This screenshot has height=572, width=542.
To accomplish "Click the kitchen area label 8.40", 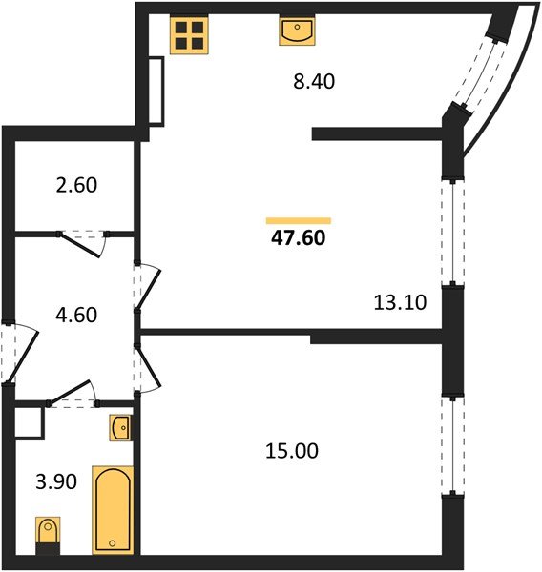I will point(314,83).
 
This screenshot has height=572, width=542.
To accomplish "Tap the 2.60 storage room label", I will point(78,184).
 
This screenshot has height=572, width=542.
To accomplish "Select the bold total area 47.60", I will point(299,239).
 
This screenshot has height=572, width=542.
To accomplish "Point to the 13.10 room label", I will point(399,303).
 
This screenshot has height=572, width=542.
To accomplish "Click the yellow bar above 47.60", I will point(299,220).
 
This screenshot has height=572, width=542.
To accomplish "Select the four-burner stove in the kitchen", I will point(189,34).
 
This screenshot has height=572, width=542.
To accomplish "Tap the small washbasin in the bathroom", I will point(121,429).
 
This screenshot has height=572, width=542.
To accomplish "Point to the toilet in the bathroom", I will point(47,534).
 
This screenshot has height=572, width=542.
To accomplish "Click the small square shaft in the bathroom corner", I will point(31,421).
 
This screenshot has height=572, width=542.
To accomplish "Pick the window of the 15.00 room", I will point(450,445).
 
